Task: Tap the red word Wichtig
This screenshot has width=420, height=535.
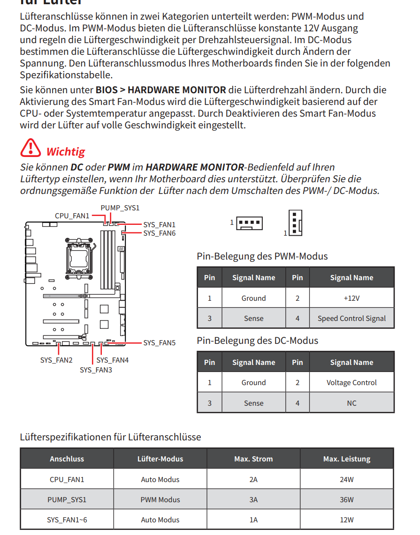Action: point(66,152)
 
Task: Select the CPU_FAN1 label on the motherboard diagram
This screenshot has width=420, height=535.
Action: point(72,216)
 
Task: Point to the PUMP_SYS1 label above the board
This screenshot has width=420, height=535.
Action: point(120,208)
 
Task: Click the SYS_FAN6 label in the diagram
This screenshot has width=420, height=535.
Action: point(159,233)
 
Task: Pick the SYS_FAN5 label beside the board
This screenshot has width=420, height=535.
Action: point(159,343)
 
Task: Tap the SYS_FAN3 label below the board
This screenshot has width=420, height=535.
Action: point(96,370)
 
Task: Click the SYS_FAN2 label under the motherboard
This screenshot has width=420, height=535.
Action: point(56,360)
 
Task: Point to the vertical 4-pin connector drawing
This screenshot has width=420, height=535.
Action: point(295,223)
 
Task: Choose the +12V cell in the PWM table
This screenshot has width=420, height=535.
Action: point(351,298)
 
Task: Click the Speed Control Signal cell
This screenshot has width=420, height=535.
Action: point(351,319)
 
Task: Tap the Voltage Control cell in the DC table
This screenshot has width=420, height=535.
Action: point(351,383)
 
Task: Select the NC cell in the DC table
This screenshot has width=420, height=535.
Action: point(351,403)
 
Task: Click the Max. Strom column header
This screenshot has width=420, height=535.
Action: point(253,459)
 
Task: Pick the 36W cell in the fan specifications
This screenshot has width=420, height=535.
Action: point(347,499)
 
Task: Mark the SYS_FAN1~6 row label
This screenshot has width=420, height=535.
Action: point(67,520)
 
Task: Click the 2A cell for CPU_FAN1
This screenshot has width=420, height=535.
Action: point(253,479)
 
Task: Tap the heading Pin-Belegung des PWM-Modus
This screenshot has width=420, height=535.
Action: point(262,256)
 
